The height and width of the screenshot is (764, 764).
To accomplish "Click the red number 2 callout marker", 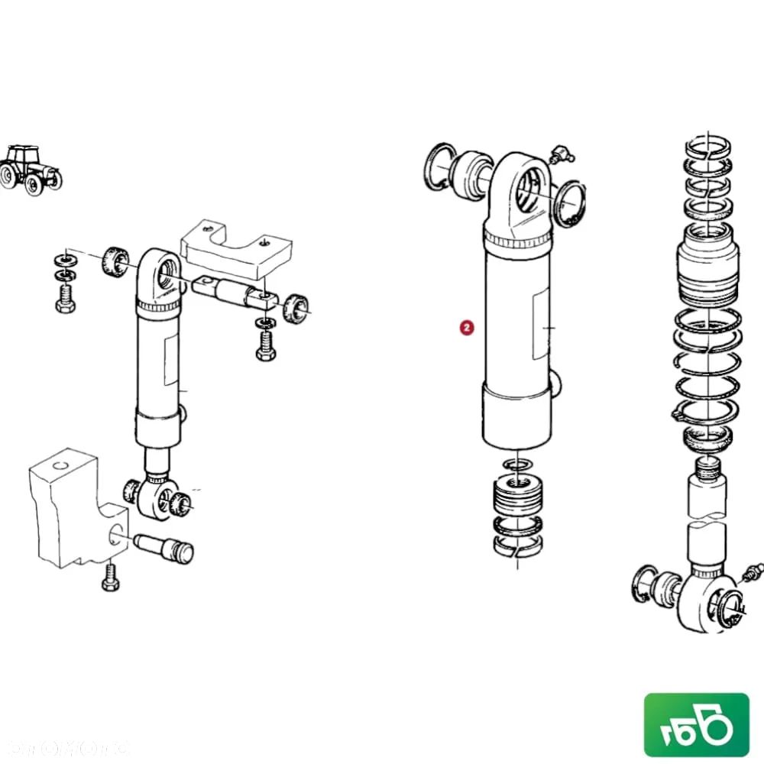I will pos(467,328).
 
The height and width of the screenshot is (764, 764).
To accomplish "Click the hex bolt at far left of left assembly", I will pos(65,299).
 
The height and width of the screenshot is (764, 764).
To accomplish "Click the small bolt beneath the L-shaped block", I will pos(110,578).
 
